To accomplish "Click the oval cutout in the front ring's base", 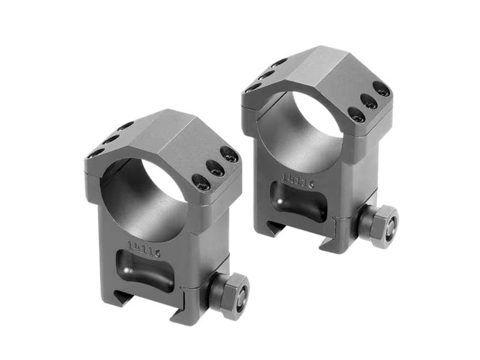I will point(145,274).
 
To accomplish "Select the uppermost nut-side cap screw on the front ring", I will point(229,155).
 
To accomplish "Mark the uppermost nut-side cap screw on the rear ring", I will point(382,91).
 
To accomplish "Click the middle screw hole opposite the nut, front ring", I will point(111,139).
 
